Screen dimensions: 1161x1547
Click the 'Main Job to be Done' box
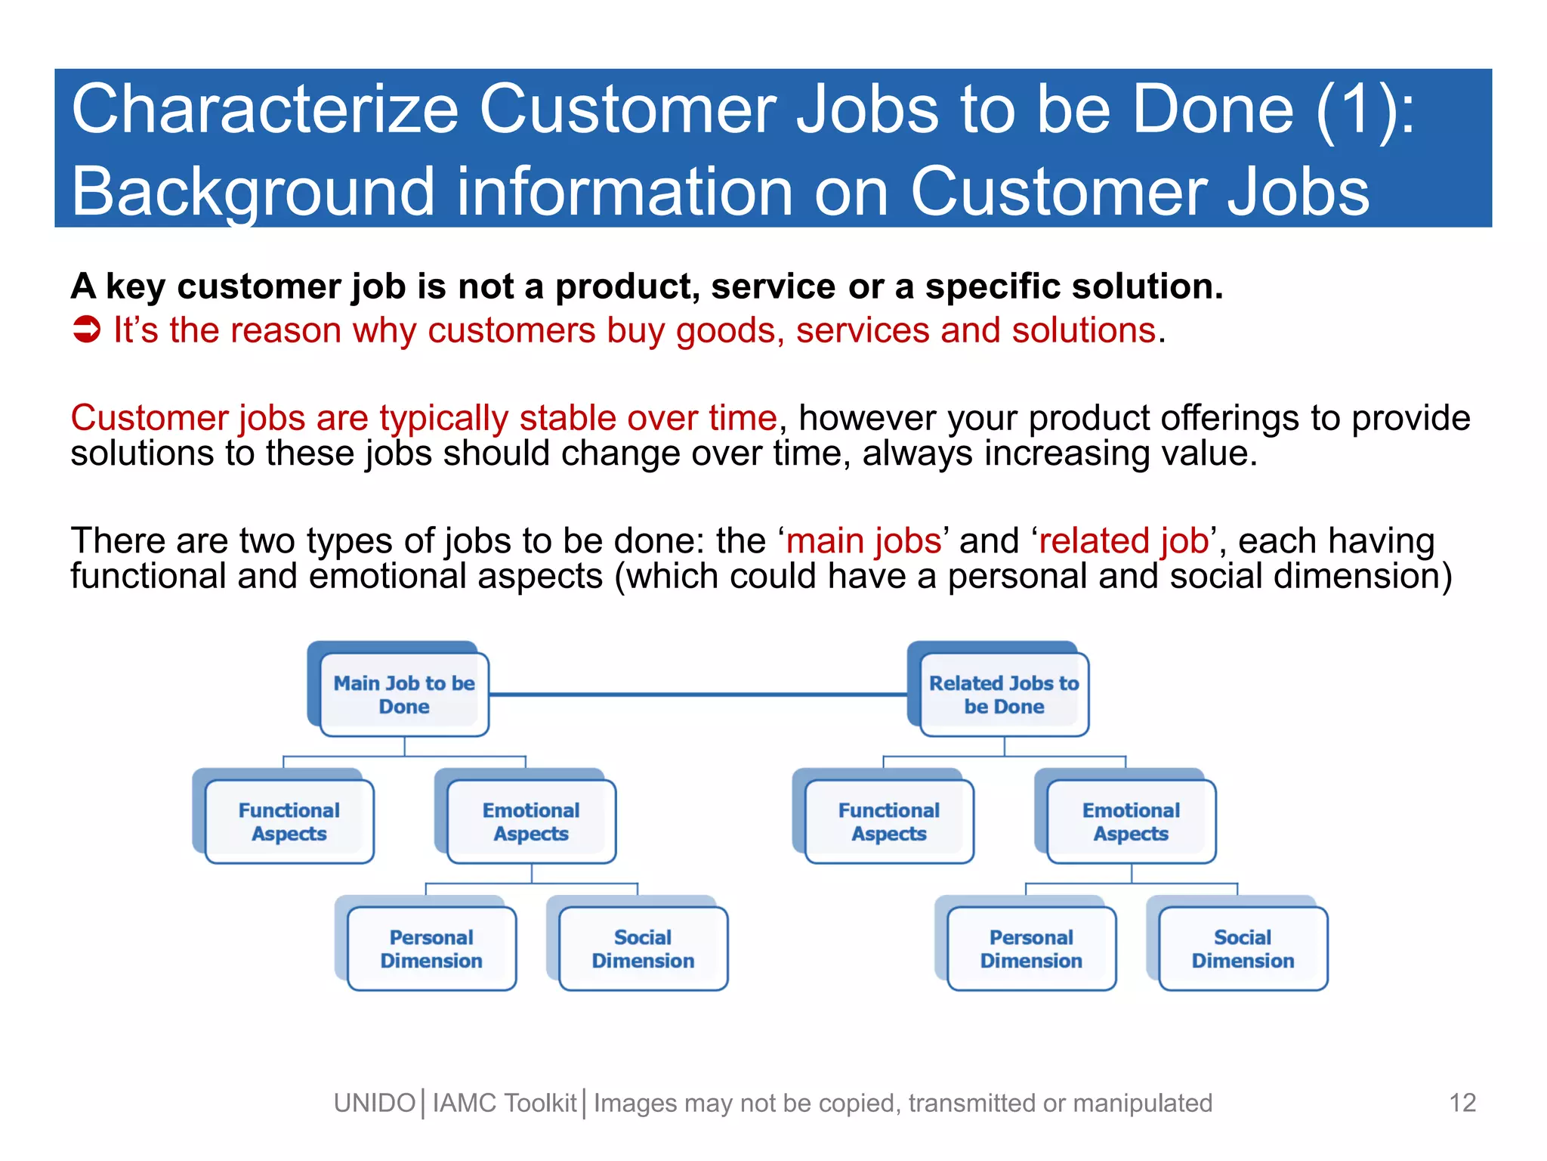click(x=404, y=695)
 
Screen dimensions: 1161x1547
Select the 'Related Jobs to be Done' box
click(x=1004, y=695)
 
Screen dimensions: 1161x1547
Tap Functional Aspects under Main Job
click(x=289, y=822)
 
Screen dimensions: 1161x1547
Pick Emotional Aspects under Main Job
click(x=531, y=822)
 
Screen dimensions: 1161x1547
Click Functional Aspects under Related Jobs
click(x=889, y=822)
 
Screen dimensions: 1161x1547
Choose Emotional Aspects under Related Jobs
click(x=1131, y=822)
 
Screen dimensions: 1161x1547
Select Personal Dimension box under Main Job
click(x=431, y=949)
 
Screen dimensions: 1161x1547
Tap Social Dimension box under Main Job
click(x=643, y=949)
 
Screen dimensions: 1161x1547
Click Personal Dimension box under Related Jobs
click(x=1031, y=949)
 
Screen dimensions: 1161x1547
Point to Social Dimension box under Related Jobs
click(x=1243, y=949)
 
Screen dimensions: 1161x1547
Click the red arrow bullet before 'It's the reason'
click(x=86, y=330)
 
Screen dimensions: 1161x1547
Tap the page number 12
click(x=1462, y=1103)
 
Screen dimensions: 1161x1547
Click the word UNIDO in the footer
click(x=375, y=1104)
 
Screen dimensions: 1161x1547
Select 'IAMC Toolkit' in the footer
click(x=504, y=1104)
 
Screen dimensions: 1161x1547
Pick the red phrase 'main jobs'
click(x=864, y=541)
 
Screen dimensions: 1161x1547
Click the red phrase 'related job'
click(x=1124, y=541)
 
